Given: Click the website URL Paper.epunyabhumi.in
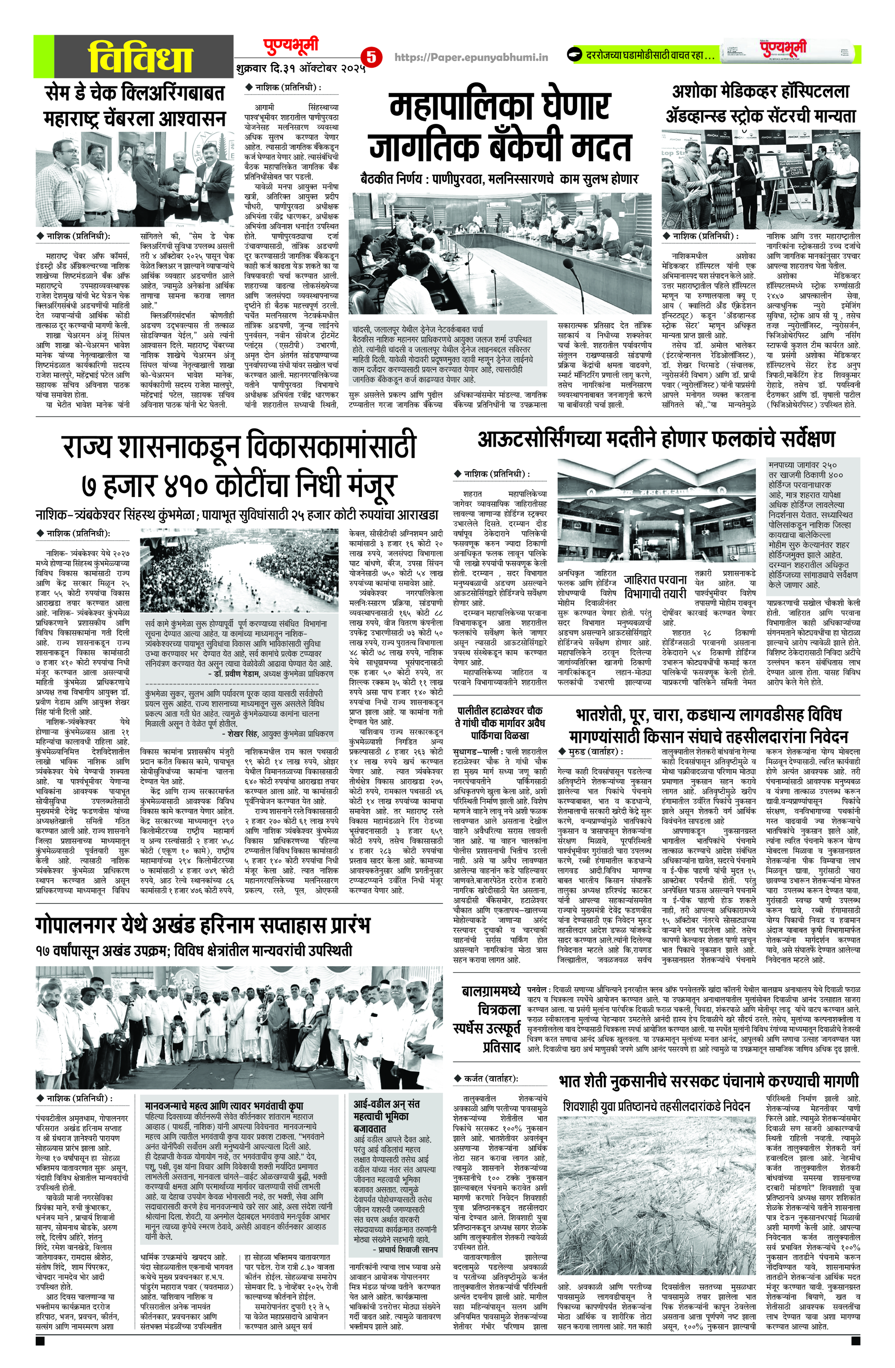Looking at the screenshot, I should pos(472,57).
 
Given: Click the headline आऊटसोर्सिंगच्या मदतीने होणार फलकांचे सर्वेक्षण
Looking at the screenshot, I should pos(656,440).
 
